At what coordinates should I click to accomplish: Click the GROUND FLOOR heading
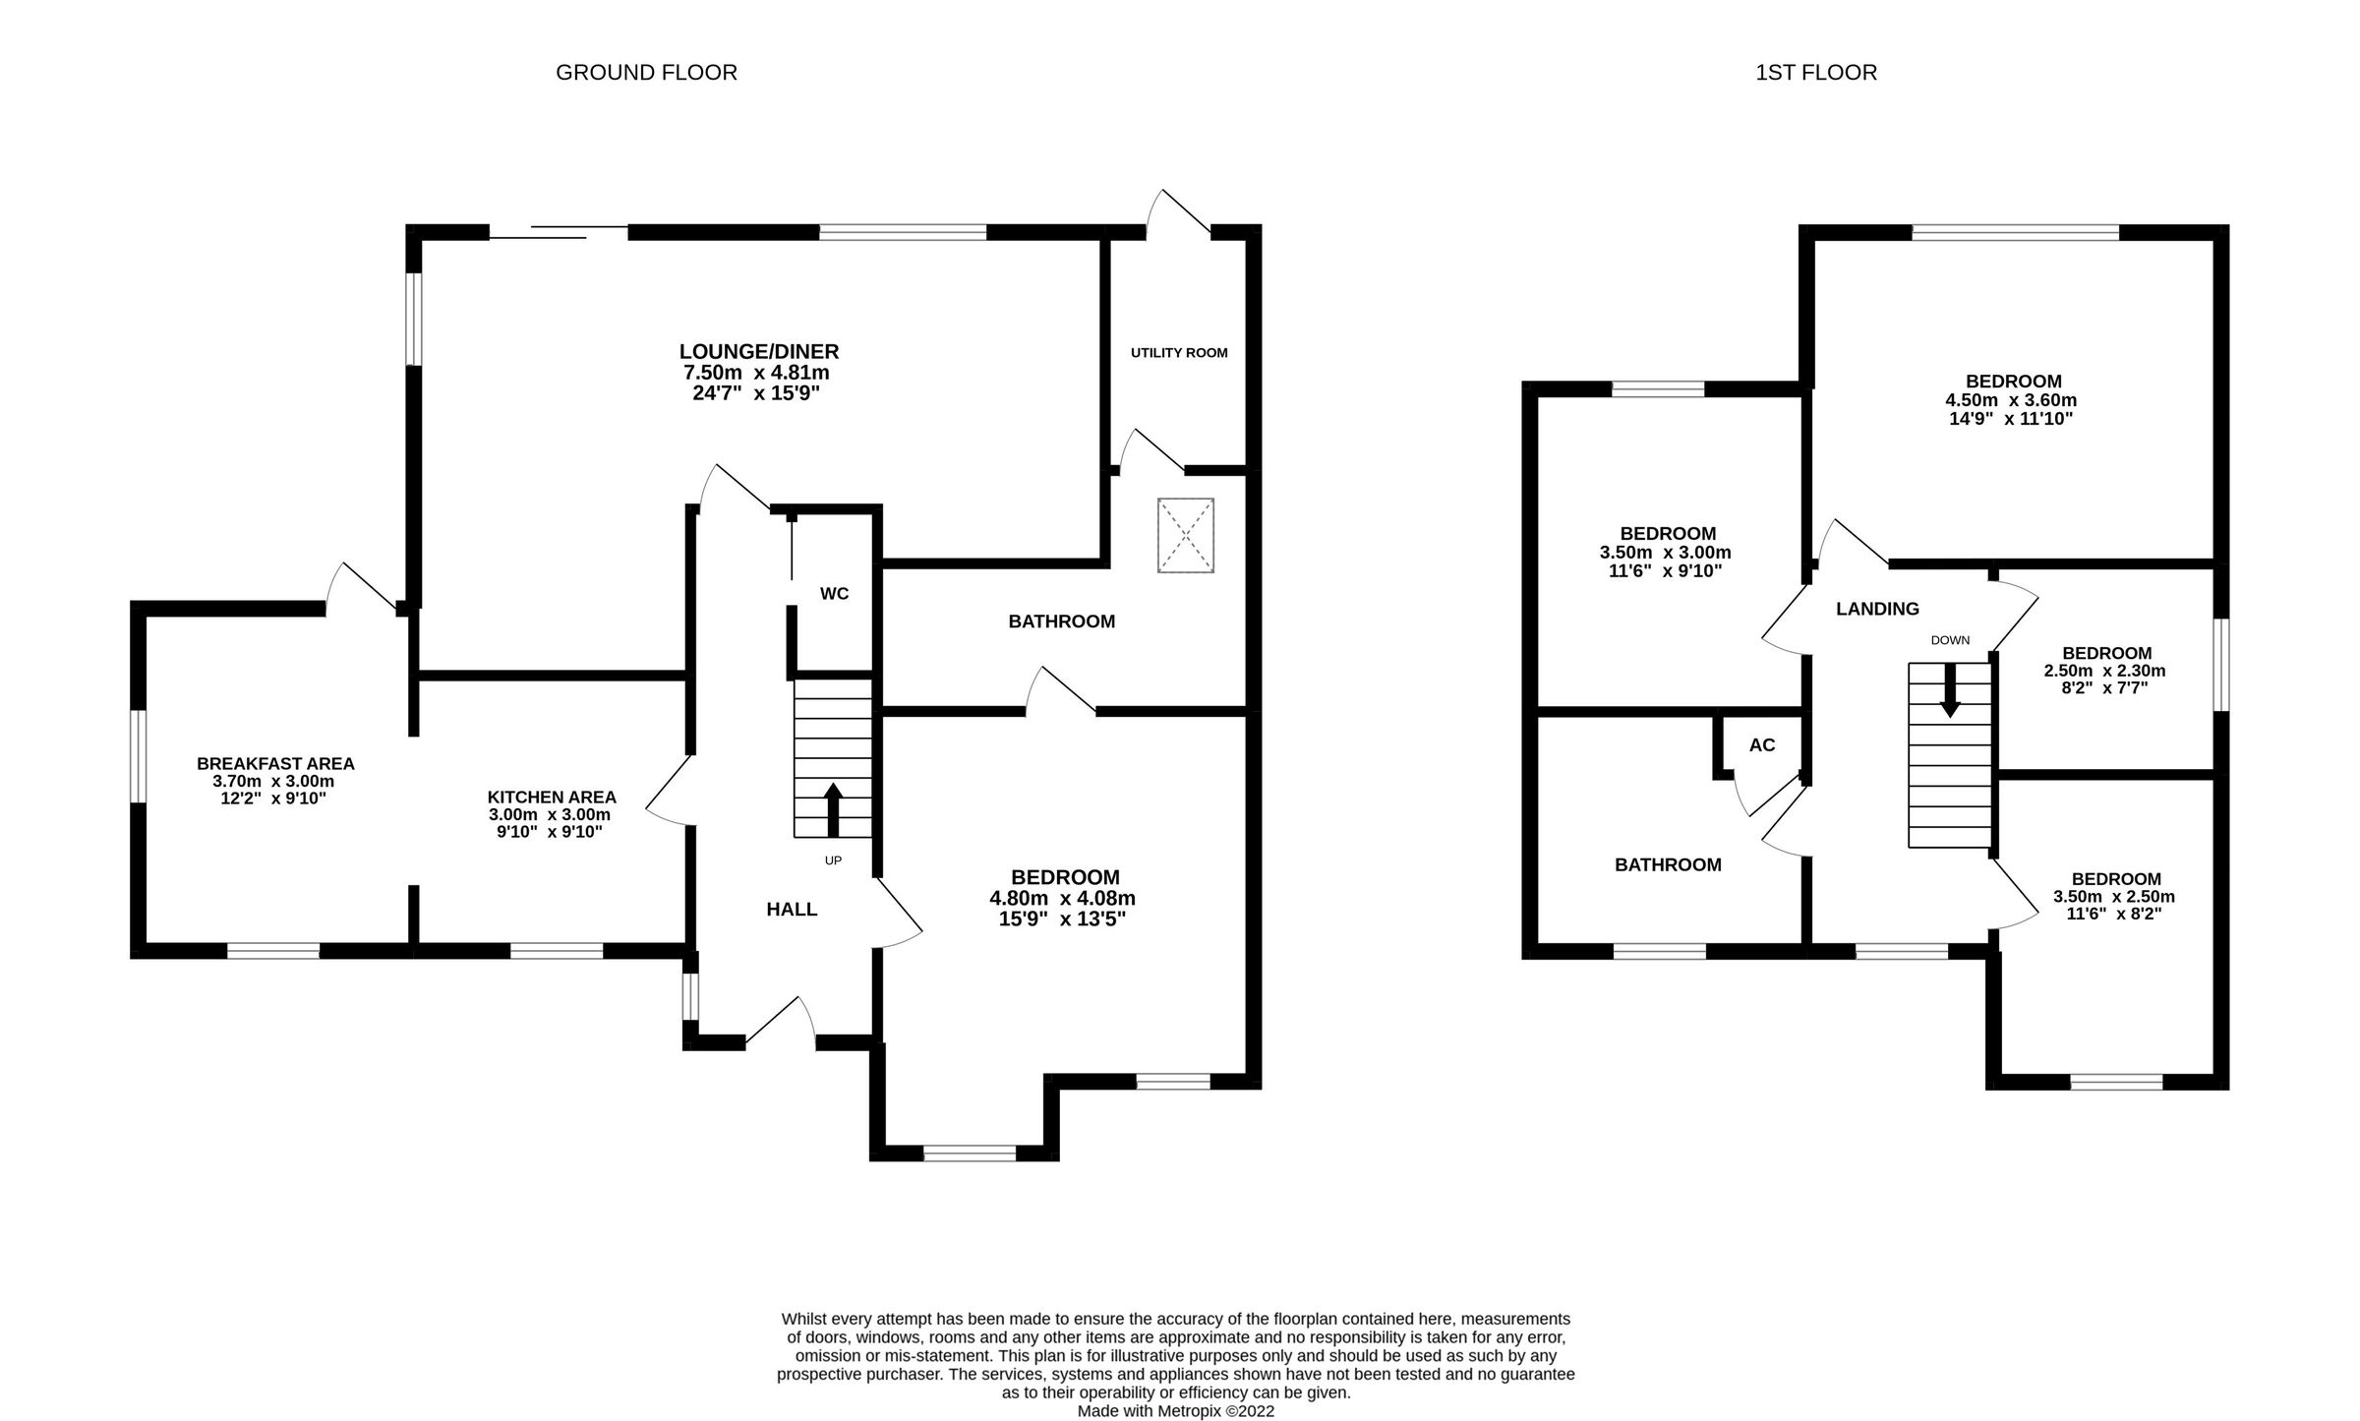(x=646, y=73)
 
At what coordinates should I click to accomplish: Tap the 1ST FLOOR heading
(x=1815, y=73)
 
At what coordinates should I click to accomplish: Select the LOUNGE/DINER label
(x=758, y=351)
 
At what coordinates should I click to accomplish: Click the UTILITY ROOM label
(x=1178, y=352)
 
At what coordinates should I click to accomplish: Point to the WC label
(x=834, y=593)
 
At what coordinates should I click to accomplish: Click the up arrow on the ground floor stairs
(x=833, y=807)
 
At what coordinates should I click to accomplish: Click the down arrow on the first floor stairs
(x=1949, y=691)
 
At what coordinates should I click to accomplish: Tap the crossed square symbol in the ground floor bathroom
(x=1186, y=535)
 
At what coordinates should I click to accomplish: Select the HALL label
(x=792, y=910)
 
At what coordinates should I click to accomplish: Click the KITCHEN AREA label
(x=552, y=798)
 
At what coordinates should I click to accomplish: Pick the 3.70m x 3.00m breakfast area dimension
(x=273, y=782)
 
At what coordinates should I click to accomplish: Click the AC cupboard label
(x=1762, y=745)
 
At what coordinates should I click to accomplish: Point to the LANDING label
(x=1877, y=609)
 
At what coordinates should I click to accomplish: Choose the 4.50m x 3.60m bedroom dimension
(x=2012, y=400)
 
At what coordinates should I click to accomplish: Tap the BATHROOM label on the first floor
(x=1668, y=864)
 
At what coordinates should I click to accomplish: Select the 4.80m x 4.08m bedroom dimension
(x=1064, y=898)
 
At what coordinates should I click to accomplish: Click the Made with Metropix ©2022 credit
(x=1175, y=1411)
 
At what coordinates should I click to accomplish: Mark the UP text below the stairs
(x=833, y=860)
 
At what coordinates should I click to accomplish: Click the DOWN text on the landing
(x=1950, y=640)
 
